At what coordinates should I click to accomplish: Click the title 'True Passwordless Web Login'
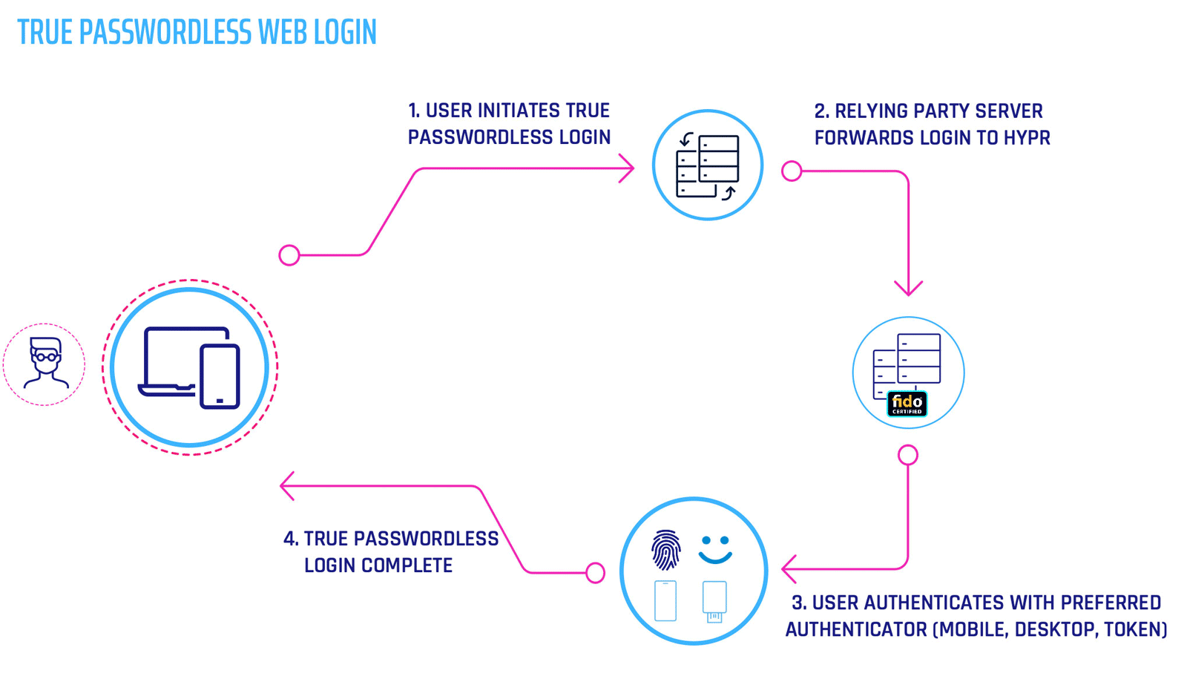coord(197,33)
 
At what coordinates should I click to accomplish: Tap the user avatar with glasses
coord(45,363)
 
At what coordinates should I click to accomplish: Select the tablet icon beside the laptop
coord(220,376)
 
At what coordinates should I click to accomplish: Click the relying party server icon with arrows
coord(707,165)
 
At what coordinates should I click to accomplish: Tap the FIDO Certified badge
coord(907,404)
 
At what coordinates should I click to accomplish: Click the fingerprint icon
coord(665,550)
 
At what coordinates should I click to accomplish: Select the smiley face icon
coord(715,550)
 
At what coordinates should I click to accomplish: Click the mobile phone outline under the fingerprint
coord(665,600)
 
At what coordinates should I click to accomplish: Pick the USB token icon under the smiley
coord(714,601)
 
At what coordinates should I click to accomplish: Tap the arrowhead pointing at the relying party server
coord(628,168)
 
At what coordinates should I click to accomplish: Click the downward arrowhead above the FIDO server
coord(908,289)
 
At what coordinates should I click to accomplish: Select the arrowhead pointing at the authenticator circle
coord(789,569)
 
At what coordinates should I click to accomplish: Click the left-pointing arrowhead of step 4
coord(287,486)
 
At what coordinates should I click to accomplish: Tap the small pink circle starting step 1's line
coord(289,255)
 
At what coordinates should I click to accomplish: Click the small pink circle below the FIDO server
coord(908,455)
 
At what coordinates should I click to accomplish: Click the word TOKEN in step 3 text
coord(1135,629)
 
